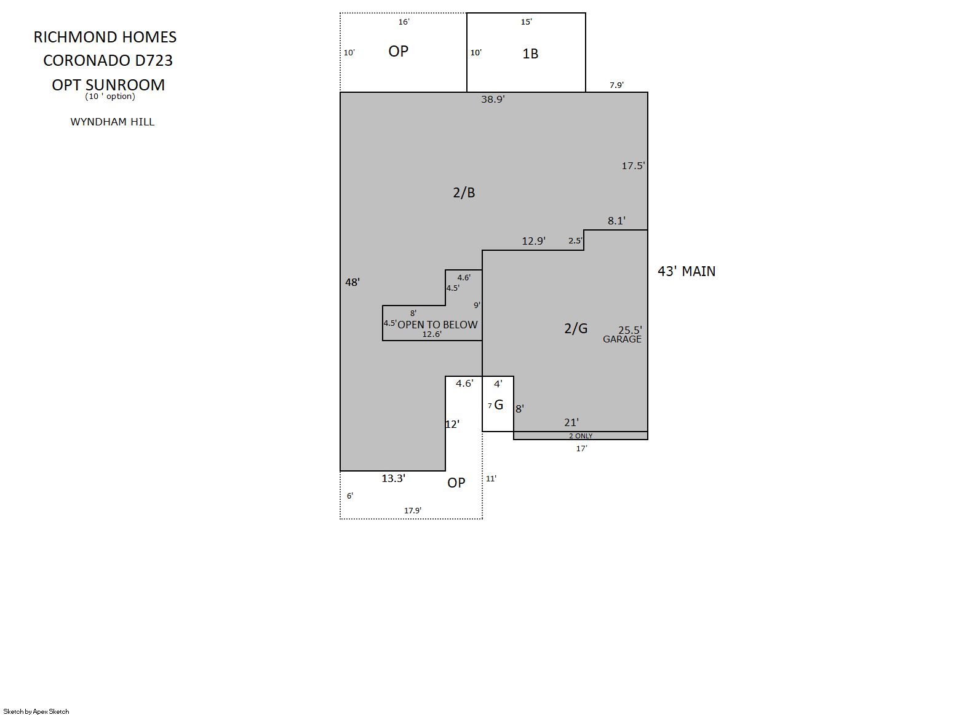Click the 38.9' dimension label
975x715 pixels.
coord(493,100)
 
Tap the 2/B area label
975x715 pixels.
coord(464,192)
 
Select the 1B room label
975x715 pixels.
coord(530,53)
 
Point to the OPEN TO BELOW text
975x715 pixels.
coord(437,325)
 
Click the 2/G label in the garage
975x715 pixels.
coord(576,328)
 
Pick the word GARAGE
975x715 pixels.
coord(622,339)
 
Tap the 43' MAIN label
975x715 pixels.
coord(686,271)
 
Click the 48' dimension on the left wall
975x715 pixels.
coord(352,282)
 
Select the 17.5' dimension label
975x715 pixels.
coord(634,166)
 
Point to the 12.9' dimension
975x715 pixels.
coord(534,241)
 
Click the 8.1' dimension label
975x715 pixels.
coord(616,221)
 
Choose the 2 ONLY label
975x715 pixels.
coord(581,436)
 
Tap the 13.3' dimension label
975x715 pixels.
coord(394,478)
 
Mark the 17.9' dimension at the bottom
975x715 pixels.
coord(413,511)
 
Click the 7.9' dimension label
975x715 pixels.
coord(616,85)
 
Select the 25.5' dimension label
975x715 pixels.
coord(631,331)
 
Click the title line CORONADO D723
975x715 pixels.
coord(108,60)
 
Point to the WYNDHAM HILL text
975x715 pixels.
coord(113,122)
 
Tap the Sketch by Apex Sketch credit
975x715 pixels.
coord(36,711)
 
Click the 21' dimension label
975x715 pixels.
coord(571,422)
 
